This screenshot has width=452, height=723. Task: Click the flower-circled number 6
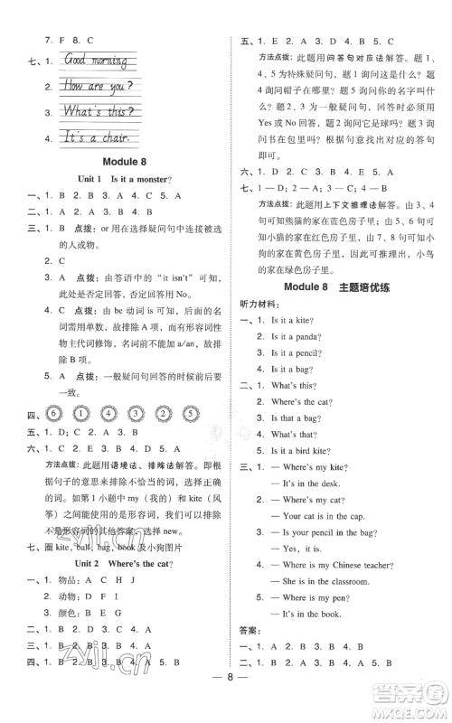52,415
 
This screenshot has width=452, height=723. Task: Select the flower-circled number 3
138,415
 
